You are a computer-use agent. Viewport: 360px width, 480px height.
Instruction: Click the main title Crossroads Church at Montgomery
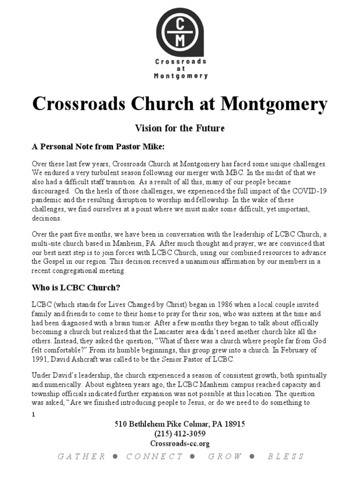tap(180, 104)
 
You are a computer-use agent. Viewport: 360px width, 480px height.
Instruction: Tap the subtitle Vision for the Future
tap(180, 127)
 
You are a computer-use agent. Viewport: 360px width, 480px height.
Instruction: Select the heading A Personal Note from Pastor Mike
tap(98, 146)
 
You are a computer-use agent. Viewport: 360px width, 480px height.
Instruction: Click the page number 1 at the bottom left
tap(33, 414)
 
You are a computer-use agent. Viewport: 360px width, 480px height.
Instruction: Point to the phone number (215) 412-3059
tap(180, 434)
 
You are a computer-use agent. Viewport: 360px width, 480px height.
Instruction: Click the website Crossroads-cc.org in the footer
tap(180, 443)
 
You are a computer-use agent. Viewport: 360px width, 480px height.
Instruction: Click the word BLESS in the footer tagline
tap(286, 457)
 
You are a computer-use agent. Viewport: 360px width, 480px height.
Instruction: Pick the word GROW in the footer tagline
tap(226, 457)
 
